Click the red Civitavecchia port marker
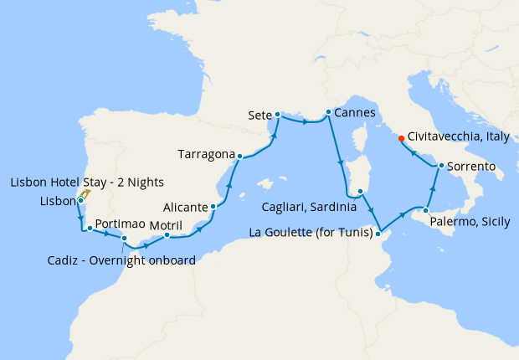(401, 138)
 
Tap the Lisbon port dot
(80, 201)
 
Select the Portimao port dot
(90, 228)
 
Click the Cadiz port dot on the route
(125, 239)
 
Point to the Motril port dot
(167, 235)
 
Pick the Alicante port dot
(213, 206)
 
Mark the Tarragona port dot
(239, 156)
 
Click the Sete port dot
(277, 114)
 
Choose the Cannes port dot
(327, 113)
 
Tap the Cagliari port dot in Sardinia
(360, 193)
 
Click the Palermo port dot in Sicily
(426, 211)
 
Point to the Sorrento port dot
(439, 167)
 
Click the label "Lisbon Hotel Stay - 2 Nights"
(87, 183)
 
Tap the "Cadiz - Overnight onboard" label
(121, 260)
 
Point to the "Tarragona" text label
(205, 154)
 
